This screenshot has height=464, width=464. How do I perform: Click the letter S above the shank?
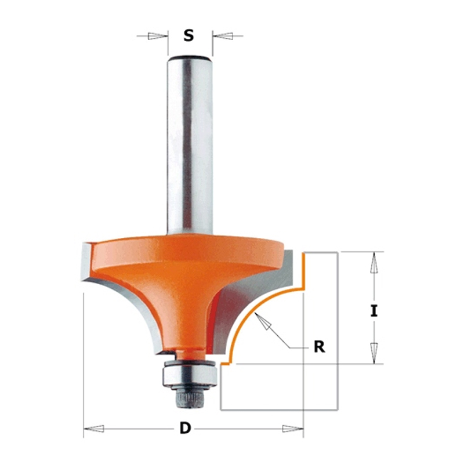click(x=188, y=35)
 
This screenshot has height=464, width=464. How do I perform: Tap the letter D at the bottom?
click(x=185, y=428)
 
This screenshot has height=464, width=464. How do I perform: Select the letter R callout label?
click(x=320, y=346)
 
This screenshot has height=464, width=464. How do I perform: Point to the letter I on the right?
click(x=374, y=311)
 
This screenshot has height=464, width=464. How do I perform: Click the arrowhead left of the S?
click(x=156, y=36)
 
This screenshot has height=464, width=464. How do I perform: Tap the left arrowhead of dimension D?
click(x=94, y=428)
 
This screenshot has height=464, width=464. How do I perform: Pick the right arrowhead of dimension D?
click(x=292, y=428)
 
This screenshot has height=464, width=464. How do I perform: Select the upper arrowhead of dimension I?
click(x=374, y=262)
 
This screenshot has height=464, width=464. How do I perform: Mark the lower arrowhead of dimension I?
click(x=374, y=353)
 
